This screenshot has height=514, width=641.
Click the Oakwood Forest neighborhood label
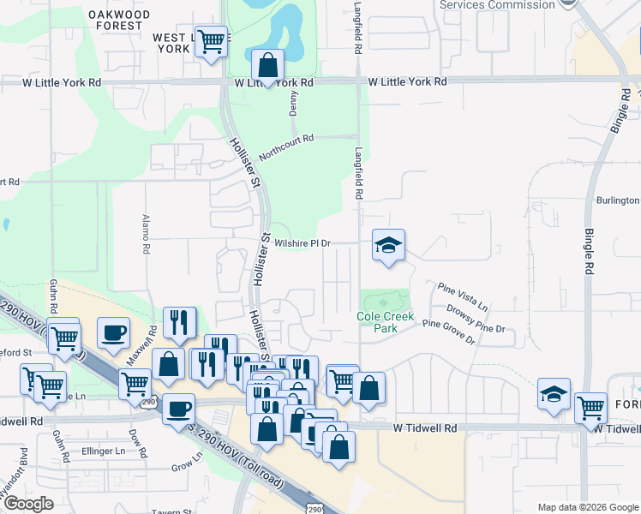[119, 20]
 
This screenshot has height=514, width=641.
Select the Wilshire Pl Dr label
[302, 243]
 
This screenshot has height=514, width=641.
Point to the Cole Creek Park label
[385, 322]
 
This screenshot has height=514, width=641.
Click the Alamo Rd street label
[146, 234]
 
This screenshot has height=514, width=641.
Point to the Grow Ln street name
[186, 467]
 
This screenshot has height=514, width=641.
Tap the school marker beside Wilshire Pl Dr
[388, 247]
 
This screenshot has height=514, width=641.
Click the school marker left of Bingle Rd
[554, 395]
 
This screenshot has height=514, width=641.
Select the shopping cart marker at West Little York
[211, 40]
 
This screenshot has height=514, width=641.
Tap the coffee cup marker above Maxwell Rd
[112, 333]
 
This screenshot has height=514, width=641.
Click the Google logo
[28, 504]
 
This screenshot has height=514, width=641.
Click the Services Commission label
[496, 5]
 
